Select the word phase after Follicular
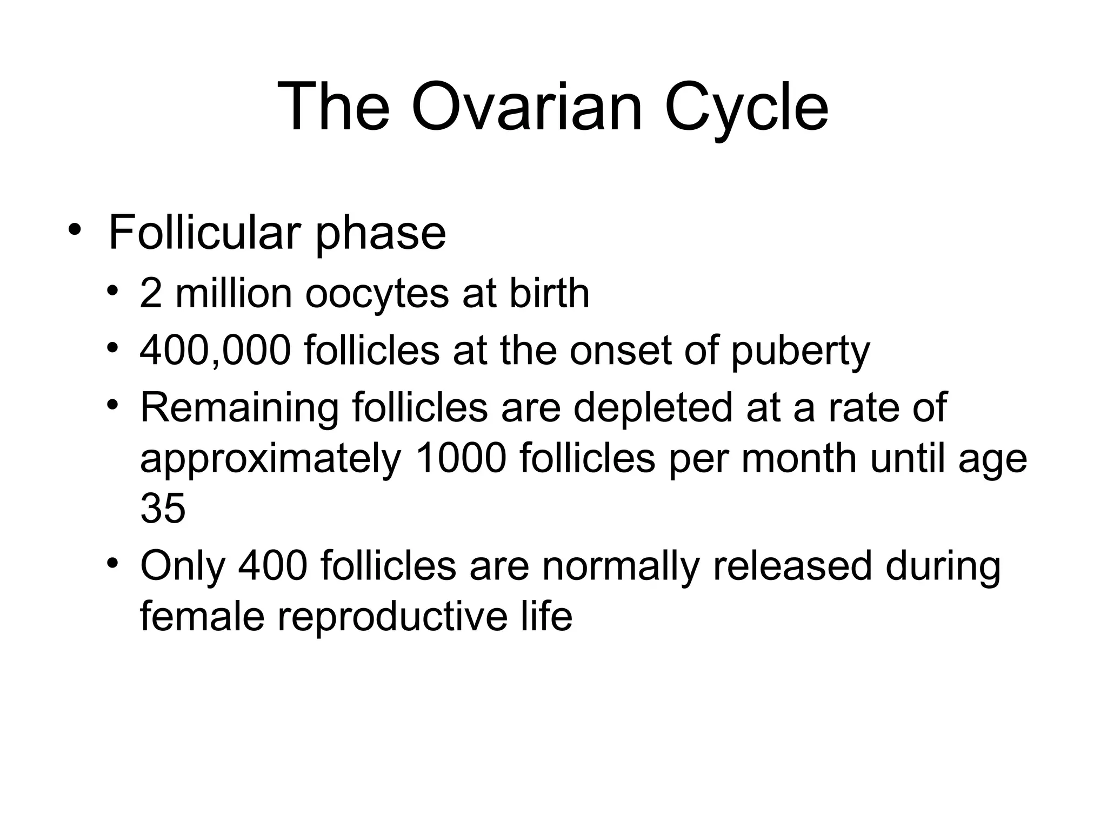click(x=381, y=234)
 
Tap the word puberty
click(x=800, y=352)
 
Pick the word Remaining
click(x=239, y=408)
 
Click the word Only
click(x=182, y=566)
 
